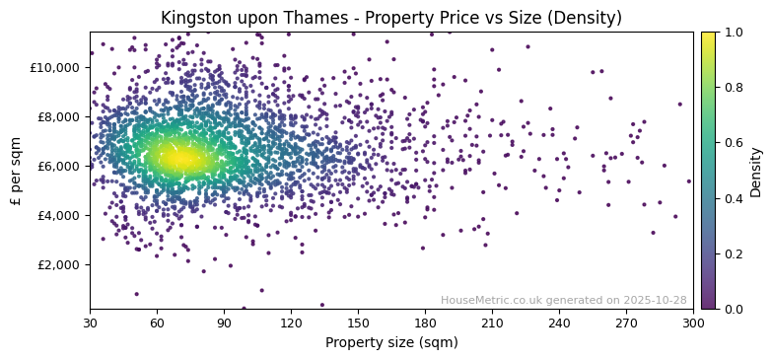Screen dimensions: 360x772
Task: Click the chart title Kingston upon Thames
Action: coord(391,19)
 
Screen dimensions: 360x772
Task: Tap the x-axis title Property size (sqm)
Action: coord(391,342)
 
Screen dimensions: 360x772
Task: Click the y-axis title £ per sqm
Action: coord(17,171)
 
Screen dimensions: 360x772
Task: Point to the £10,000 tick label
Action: coord(55,67)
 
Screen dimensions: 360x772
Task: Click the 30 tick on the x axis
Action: coord(90,322)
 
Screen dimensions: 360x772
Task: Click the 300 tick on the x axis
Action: coord(693,322)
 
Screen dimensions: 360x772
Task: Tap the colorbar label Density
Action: coord(756,171)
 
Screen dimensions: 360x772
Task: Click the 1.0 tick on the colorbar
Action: coord(734,33)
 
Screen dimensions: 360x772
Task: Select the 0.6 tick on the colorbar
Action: coord(734,143)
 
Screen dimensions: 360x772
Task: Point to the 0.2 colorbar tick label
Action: coord(734,253)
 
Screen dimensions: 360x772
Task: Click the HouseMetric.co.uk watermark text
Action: coord(563,300)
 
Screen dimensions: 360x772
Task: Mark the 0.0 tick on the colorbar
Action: coord(734,309)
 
